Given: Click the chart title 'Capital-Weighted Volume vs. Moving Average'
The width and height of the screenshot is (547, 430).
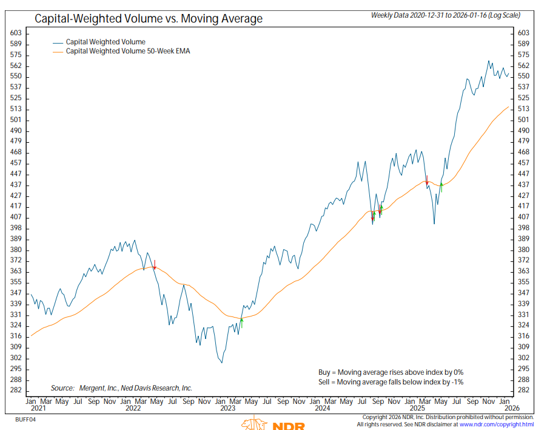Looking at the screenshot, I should click(x=149, y=19).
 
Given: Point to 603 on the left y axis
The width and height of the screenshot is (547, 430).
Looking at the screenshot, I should click(x=16, y=33).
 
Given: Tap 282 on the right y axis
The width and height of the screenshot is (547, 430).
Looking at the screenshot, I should click(x=524, y=390).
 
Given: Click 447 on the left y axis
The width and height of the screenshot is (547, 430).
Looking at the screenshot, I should click(x=16, y=174).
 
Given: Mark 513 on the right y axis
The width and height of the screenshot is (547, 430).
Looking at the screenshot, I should click(x=524, y=109).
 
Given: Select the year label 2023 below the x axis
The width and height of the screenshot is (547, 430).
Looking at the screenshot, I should click(x=227, y=409).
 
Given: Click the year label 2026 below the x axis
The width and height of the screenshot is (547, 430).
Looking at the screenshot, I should click(x=512, y=409).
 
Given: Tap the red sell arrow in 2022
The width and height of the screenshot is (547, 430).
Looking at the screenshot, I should click(x=155, y=265).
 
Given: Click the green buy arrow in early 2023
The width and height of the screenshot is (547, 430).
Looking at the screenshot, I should click(x=241, y=322).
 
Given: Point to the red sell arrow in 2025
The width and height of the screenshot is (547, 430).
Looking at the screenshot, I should click(x=427, y=180).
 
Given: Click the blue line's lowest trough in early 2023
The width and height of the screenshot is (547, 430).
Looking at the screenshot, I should click(x=222, y=363).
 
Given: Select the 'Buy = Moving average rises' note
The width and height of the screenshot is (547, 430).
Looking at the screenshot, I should click(x=391, y=372).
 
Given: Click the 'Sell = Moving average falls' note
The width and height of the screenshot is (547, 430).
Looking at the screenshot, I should click(x=391, y=381).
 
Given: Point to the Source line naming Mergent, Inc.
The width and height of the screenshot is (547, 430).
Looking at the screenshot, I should click(x=121, y=387).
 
